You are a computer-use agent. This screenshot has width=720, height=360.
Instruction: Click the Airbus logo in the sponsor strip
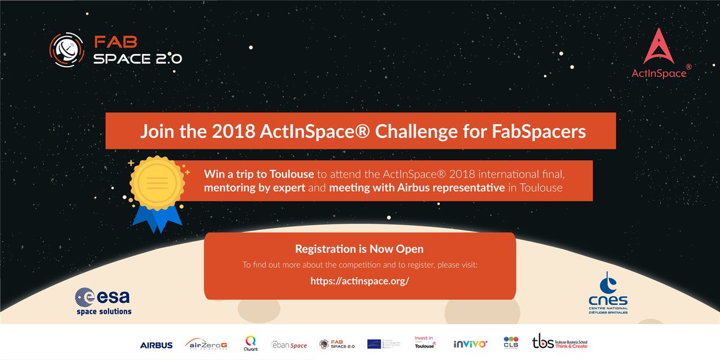pos(156,345)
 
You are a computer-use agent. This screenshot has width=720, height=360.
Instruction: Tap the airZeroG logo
pos(206,344)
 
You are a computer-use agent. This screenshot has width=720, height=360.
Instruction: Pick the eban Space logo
pos(290,345)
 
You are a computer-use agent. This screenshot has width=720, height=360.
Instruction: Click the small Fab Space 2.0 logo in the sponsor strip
pos(337,344)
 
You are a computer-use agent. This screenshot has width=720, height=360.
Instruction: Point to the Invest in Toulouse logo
pos(425,342)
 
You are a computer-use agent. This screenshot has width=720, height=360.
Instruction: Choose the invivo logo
pos(470,344)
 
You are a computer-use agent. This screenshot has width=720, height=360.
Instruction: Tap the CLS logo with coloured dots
pos(511,343)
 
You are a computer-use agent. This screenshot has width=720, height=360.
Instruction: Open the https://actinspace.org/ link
pos(359,280)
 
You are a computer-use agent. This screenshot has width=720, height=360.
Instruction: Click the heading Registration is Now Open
pos(359,248)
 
